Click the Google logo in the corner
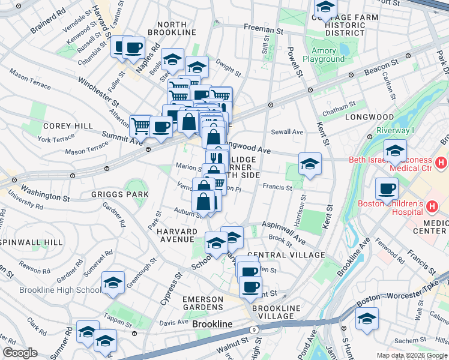(20, 353)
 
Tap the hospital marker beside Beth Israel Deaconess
(442, 163)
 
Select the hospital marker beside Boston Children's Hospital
(432, 207)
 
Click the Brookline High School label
(60, 290)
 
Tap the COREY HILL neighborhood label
(68, 126)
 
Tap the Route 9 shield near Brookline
(255, 329)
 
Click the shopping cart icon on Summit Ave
(140, 126)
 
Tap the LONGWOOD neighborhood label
(369, 117)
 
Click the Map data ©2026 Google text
(411, 355)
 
